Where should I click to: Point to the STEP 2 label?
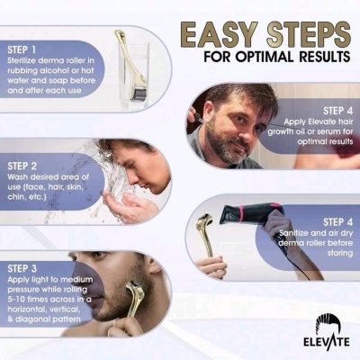click(26, 165)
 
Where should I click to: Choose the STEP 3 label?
click(26, 269)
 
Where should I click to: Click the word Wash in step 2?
click(21, 179)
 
